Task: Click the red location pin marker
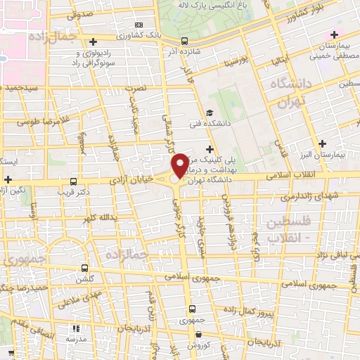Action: [181, 165]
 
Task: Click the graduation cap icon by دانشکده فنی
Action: [209, 112]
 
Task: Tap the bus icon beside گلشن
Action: [85, 268]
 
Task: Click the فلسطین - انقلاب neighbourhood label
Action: [292, 229]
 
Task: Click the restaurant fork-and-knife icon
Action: [76, 328]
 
